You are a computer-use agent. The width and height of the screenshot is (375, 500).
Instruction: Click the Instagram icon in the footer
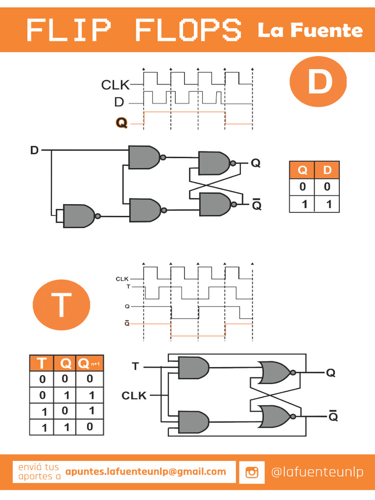point(252,472)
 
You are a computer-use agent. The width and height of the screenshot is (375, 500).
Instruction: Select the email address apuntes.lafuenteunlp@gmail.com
point(146,472)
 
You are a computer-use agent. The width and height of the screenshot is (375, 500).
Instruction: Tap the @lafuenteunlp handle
point(317,472)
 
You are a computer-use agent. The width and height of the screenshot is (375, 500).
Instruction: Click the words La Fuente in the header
point(310,30)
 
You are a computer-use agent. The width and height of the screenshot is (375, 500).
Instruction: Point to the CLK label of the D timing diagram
point(115,85)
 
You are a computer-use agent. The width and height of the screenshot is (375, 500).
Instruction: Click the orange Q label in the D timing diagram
point(121,123)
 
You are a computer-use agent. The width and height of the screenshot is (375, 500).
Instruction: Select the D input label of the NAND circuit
point(34,150)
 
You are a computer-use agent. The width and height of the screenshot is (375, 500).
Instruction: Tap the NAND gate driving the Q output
point(214,163)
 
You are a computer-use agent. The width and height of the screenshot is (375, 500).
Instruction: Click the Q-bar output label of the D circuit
point(256,205)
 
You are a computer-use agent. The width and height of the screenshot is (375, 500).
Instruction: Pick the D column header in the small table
point(327,170)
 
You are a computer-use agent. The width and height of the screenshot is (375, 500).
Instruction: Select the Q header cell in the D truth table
point(302,170)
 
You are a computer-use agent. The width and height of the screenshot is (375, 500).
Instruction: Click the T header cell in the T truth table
point(42,364)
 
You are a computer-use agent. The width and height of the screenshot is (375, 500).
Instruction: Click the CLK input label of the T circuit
point(134,395)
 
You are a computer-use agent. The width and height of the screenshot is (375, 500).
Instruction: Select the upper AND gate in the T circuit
point(193,368)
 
